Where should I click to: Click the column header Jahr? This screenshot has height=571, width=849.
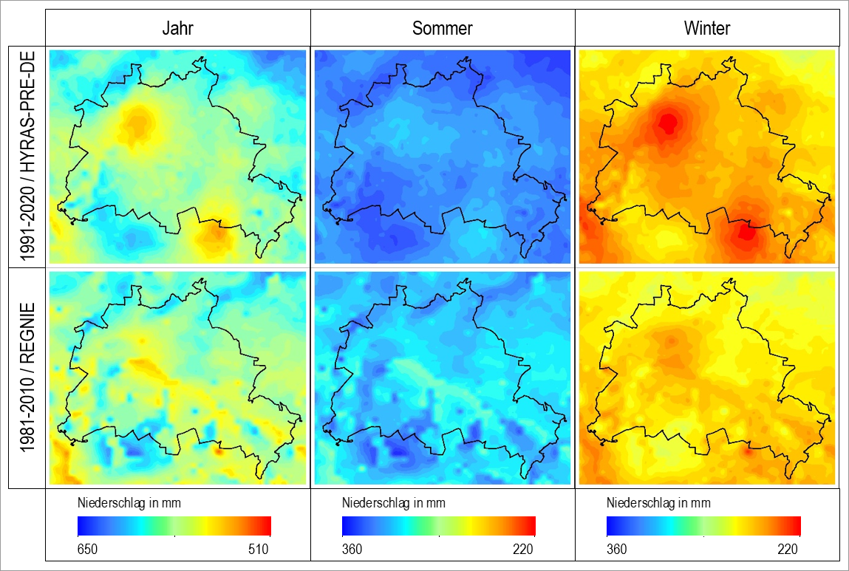click(177, 28)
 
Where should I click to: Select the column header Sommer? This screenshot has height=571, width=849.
click(443, 28)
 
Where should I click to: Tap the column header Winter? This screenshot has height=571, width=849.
click(707, 28)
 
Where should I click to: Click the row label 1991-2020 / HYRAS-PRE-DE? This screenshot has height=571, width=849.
click(27, 157)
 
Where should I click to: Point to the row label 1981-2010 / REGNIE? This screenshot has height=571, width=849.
click(27, 377)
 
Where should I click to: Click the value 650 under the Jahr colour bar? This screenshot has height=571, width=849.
click(87, 550)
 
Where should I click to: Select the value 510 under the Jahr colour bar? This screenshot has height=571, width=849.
click(259, 550)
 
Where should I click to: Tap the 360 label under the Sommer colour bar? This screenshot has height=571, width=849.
click(352, 550)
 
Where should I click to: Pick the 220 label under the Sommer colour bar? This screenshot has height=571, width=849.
click(523, 550)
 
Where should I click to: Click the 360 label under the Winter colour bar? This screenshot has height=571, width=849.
click(617, 550)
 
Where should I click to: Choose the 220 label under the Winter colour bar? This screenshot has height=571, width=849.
click(788, 550)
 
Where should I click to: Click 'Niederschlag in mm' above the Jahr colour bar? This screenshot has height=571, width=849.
click(129, 503)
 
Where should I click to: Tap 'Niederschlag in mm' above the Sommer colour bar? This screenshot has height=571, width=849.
click(394, 503)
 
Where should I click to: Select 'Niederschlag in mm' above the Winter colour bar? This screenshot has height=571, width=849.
click(658, 503)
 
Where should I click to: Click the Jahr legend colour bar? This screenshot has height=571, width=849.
click(174, 526)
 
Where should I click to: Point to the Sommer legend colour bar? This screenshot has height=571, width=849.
click(439, 526)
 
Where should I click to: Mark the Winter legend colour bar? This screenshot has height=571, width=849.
click(703, 526)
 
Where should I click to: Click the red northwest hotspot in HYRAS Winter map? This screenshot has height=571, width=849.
click(668, 123)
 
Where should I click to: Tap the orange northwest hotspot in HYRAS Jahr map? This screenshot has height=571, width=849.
click(137, 124)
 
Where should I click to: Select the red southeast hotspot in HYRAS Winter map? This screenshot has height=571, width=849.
click(746, 233)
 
